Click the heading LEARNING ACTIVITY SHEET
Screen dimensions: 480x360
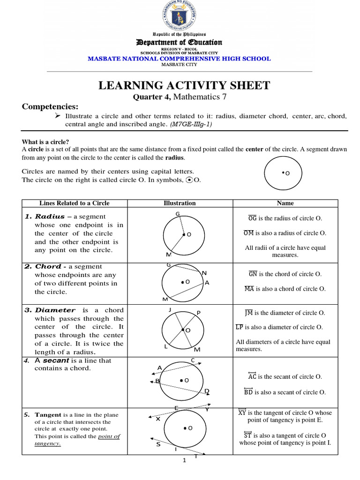(x=184, y=85)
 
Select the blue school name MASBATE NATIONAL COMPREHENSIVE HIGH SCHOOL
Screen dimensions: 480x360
(x=180, y=59)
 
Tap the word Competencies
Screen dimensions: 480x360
(x=50, y=106)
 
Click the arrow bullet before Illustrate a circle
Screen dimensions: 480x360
(x=59, y=116)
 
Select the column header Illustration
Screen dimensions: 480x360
(x=180, y=203)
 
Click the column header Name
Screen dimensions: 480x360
(x=285, y=203)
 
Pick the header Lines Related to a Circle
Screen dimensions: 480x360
(x=75, y=203)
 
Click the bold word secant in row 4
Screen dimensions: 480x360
(x=57, y=360)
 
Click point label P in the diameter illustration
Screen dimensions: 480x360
(x=198, y=313)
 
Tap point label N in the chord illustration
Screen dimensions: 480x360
(x=203, y=273)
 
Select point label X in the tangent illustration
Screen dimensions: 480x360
(x=158, y=419)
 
